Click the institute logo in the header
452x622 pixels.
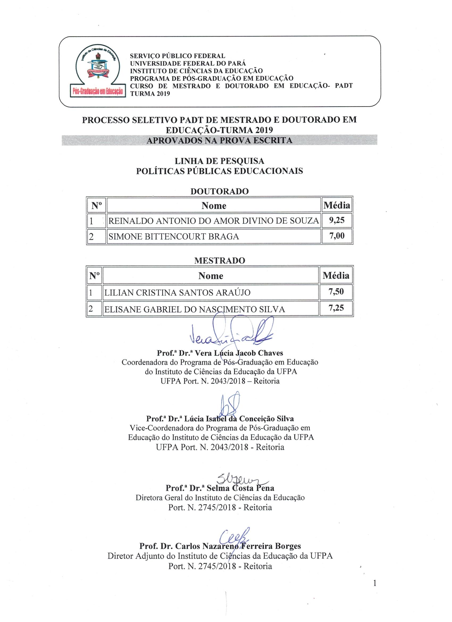[x=98, y=71]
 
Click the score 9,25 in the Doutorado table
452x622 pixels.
[x=337, y=220]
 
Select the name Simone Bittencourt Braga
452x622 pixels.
[x=174, y=237]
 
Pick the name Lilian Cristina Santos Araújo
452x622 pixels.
[x=177, y=293]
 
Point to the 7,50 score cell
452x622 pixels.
[x=336, y=292]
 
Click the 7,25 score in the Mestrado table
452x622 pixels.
[x=336, y=308]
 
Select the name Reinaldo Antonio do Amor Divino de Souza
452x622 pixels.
[x=214, y=221]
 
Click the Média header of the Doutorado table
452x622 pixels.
[x=337, y=205]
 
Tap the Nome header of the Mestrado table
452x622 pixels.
[x=211, y=276]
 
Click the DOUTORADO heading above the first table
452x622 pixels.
[x=220, y=191]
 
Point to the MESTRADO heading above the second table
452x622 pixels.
[x=220, y=260]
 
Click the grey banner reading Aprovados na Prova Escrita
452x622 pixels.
[x=219, y=140]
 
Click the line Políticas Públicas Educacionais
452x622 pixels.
[x=220, y=171]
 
